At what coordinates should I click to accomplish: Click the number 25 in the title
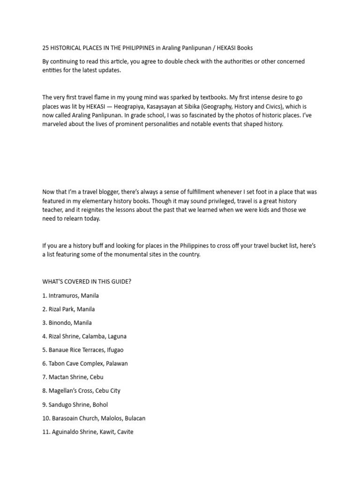[x=46, y=48]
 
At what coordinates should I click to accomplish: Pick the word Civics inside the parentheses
[x=274, y=106]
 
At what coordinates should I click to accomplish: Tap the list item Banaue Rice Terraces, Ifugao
[x=83, y=350]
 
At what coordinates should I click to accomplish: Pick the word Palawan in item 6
[x=117, y=364]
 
